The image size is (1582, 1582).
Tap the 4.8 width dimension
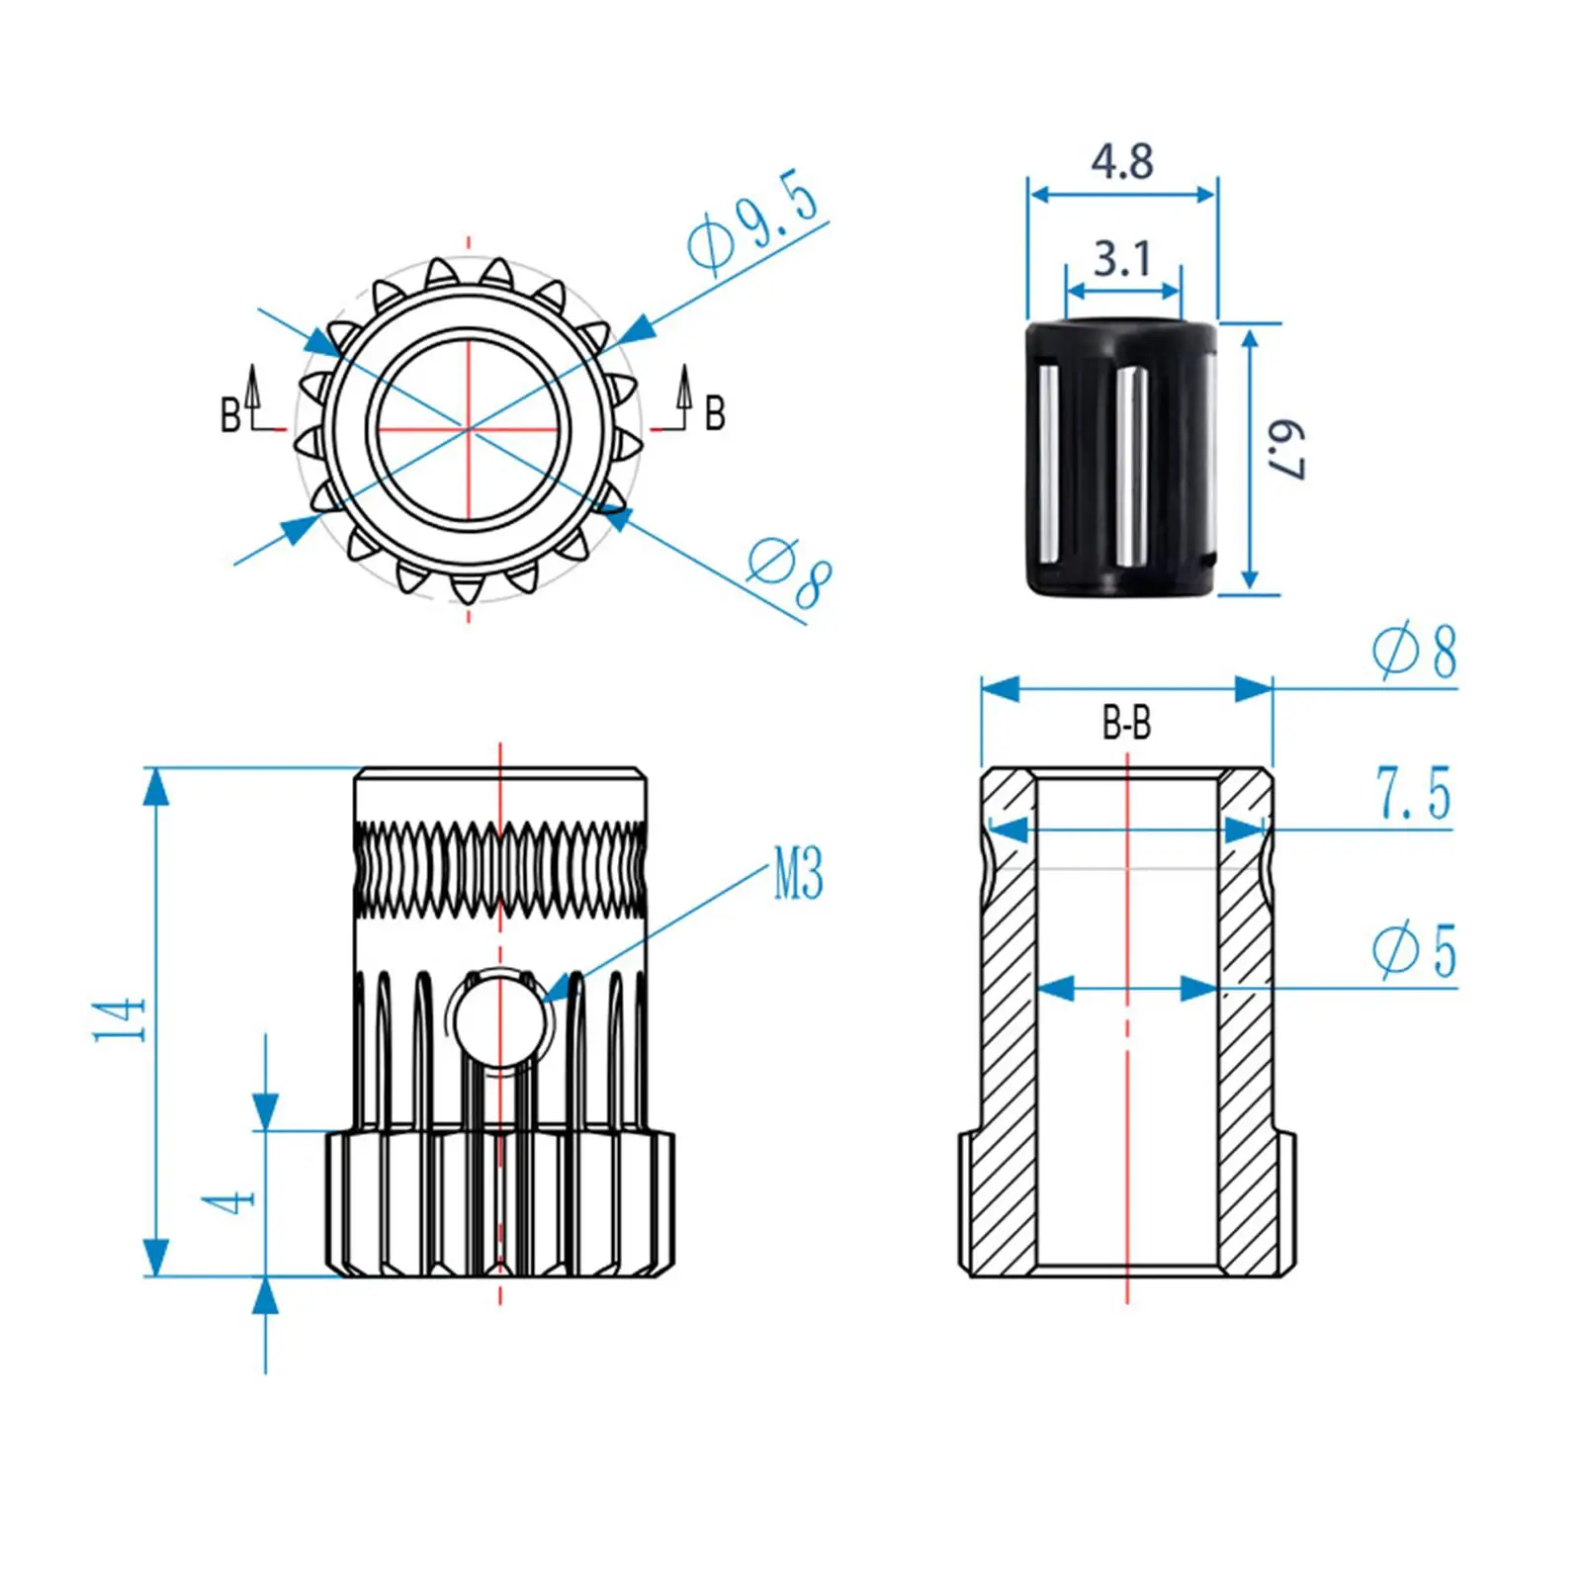coord(1122,161)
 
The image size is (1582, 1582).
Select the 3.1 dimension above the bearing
coord(1122,259)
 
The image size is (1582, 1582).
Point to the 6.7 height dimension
coord(1286,450)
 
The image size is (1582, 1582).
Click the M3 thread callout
coord(798,874)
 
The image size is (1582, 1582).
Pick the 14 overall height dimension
coord(120,1019)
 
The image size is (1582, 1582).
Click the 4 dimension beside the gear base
coord(228,1202)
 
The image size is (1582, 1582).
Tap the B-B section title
coord(1126,724)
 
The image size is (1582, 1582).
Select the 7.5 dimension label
coord(1413,794)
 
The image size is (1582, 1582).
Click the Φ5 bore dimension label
coord(1415,951)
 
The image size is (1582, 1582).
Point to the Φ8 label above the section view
coord(1415,653)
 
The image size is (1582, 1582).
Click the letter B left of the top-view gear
coord(229,415)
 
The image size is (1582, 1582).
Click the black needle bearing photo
coord(1121,457)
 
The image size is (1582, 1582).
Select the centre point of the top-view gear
coord(469,429)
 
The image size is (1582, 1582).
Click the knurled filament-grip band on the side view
coord(500,869)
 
